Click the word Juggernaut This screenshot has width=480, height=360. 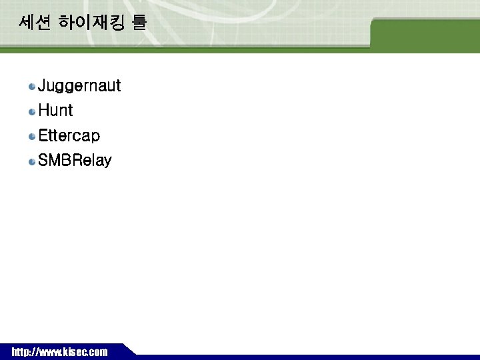click(79, 86)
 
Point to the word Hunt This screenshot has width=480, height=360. click(55, 111)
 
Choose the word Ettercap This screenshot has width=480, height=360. click(69, 136)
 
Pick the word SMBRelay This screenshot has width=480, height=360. click(75, 161)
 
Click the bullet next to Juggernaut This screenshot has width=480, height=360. click(32, 87)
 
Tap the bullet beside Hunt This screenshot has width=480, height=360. click(32, 111)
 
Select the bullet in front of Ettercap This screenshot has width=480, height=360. click(32, 137)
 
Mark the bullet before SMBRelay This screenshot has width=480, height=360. click(32, 161)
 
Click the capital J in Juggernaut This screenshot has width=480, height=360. click(43, 86)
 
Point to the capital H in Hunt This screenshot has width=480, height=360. click(44, 111)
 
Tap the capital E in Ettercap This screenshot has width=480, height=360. click(43, 136)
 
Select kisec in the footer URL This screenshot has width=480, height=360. click(73, 352)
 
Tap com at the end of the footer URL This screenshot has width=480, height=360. click(97, 352)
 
